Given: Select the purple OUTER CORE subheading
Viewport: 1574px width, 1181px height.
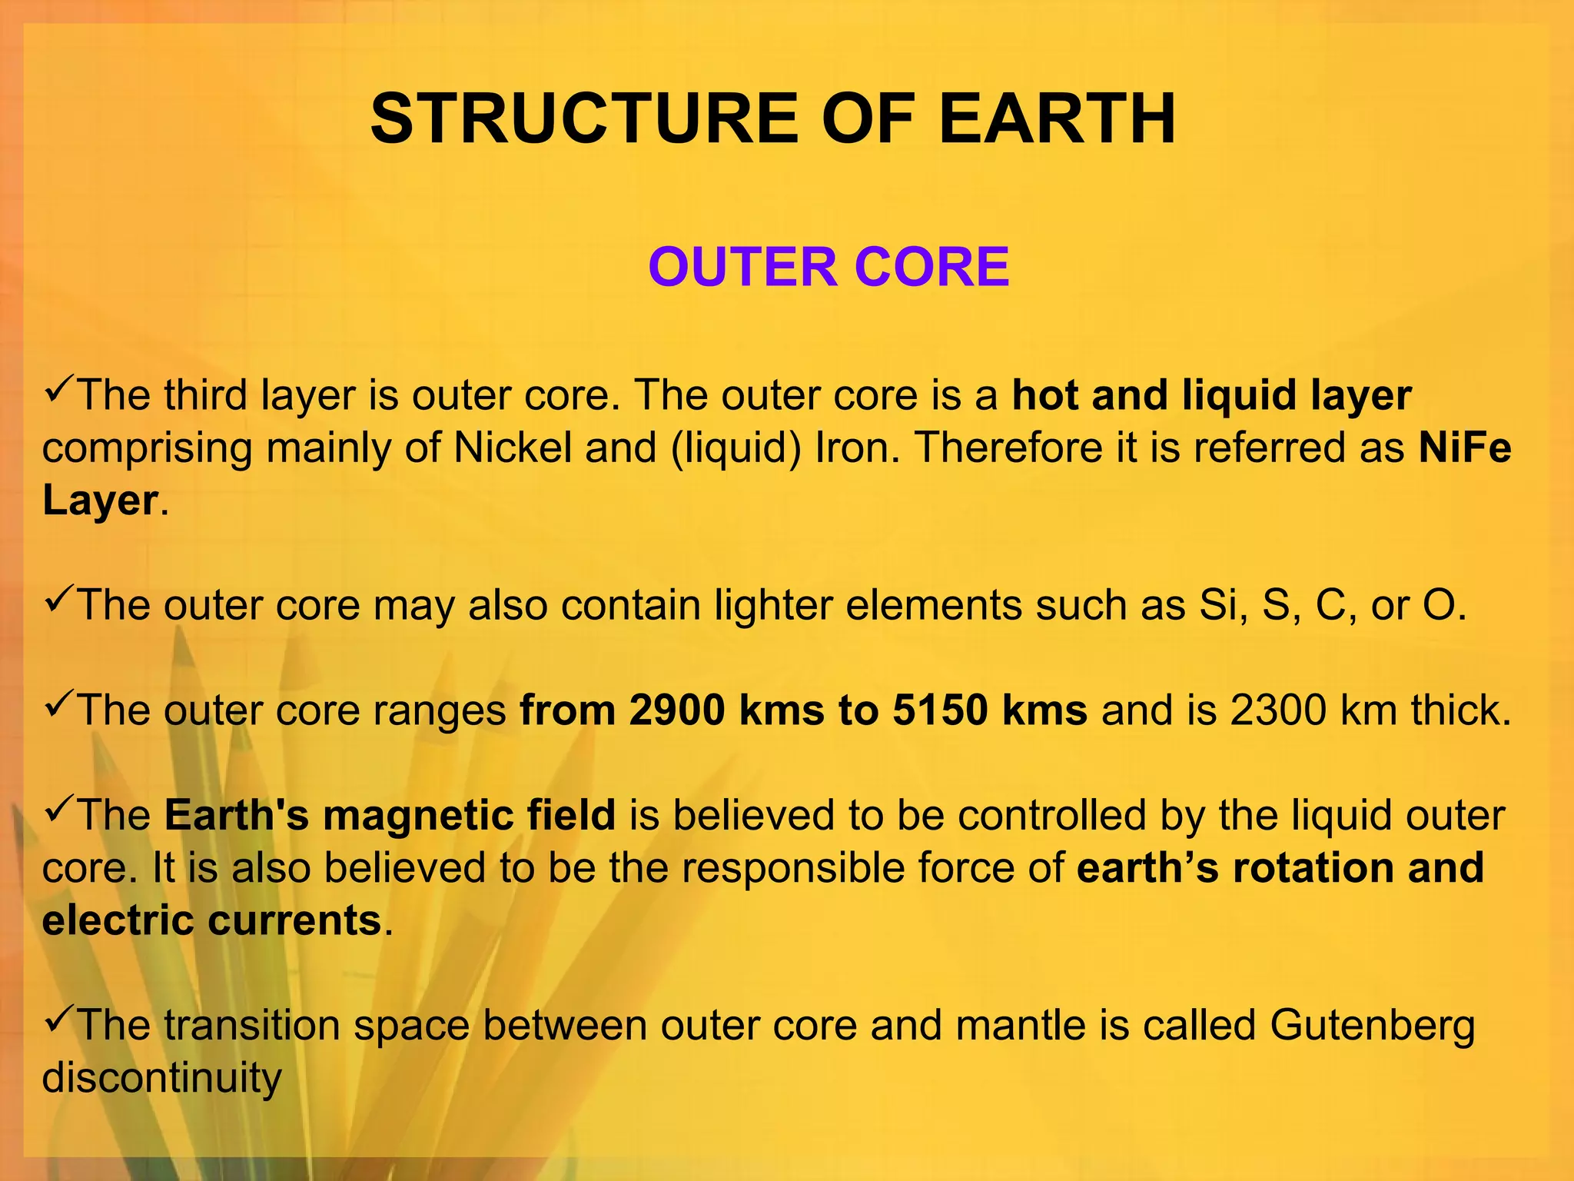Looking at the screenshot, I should coord(829,267).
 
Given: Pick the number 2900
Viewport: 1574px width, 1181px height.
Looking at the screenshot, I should coord(676,710).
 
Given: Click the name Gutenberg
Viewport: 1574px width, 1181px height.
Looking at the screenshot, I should coord(1373,1025).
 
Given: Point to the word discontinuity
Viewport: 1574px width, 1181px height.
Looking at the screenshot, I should coord(161,1077).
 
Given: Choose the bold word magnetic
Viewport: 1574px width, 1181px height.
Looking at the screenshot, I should coord(418,815).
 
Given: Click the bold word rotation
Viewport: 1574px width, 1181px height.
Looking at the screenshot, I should coord(1313,867).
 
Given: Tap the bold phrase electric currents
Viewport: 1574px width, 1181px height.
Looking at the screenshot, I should coord(212,920).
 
